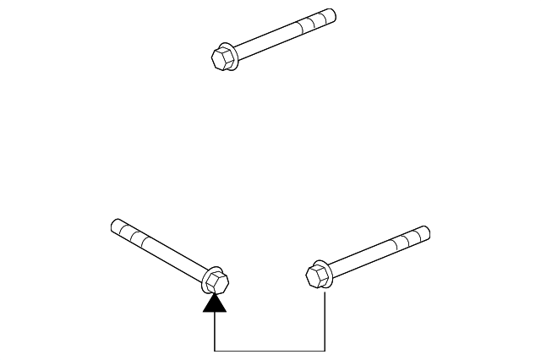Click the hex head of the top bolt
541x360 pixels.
click(x=221, y=57)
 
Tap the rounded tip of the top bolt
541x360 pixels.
click(x=332, y=14)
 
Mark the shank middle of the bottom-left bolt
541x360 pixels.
click(x=165, y=250)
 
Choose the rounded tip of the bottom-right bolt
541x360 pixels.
click(x=426, y=232)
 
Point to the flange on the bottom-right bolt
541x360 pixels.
click(x=325, y=270)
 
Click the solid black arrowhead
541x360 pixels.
click(x=216, y=303)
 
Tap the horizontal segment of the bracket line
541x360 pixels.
click(x=270, y=350)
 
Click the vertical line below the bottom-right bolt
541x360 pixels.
click(x=325, y=321)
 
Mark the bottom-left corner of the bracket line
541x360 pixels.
click(x=216, y=350)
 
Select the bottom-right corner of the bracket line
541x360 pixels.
click(x=325, y=350)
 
